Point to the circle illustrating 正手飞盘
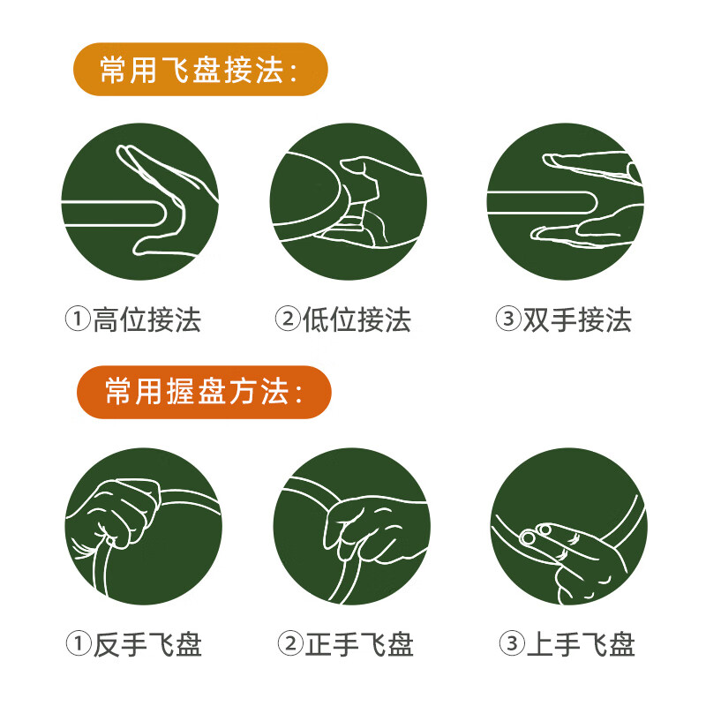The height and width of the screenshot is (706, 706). pyautogui.click(x=351, y=527)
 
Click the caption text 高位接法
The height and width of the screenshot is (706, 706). pyautogui.click(x=147, y=319)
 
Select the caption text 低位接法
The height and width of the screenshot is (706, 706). pyautogui.click(x=357, y=319)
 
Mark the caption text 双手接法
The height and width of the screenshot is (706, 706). pyautogui.click(x=577, y=319)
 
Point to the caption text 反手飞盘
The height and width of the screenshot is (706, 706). pyautogui.click(x=147, y=645)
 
